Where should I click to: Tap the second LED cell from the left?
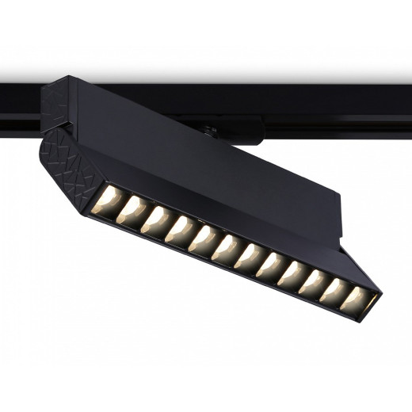click(131, 212)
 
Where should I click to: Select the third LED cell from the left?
click(156, 221)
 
